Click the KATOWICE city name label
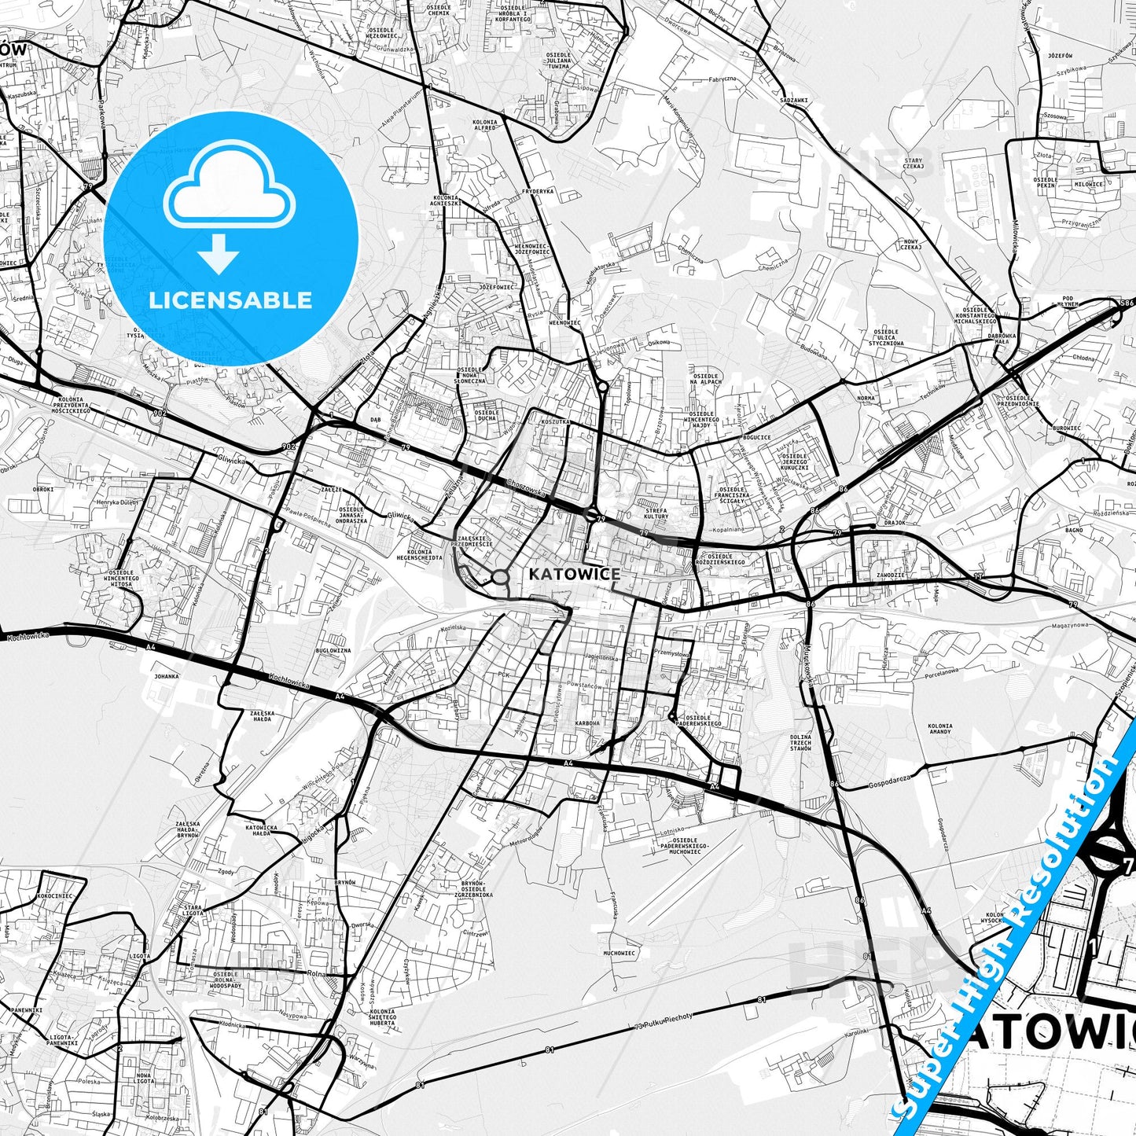coord(574,574)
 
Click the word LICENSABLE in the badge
coord(230,300)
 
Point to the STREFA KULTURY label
coord(656,513)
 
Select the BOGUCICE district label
coord(756,437)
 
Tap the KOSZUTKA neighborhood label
coord(555,422)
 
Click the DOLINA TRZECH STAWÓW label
coord(801,742)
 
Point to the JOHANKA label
coord(166,676)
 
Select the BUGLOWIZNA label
coord(333,651)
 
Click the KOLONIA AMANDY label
coord(939,729)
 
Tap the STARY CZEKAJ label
coord(913,163)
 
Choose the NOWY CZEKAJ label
coord(911,244)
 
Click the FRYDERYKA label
coord(538,191)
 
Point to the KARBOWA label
coord(587,723)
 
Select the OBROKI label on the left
coord(43,489)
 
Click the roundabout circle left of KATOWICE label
coord(500,578)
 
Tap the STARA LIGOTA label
coord(193,910)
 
